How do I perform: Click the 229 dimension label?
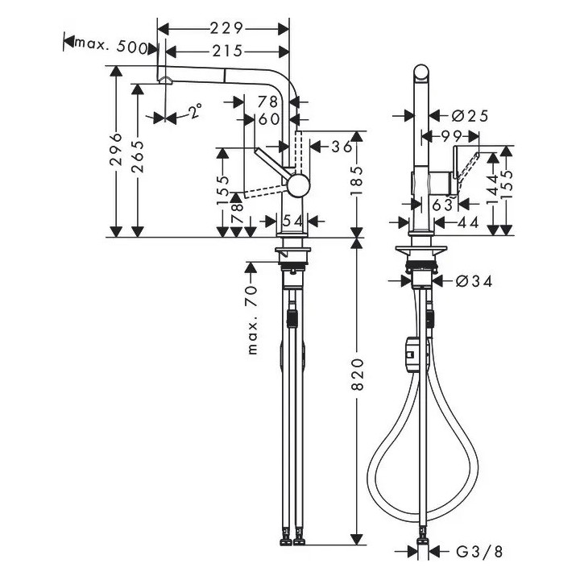[226, 28]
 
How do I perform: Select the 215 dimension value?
[227, 52]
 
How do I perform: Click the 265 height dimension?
[137, 156]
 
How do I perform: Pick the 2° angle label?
[195, 110]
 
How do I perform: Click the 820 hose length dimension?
[358, 374]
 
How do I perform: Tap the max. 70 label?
[252, 319]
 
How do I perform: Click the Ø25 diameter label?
[470, 116]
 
